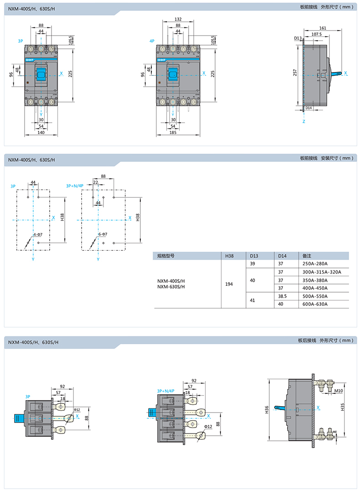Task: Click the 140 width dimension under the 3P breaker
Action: pos(41,132)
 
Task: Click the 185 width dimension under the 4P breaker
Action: pos(173,132)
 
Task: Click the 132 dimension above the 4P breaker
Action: pos(178,20)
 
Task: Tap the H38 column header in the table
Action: pos(229,256)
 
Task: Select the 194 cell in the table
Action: pos(229,284)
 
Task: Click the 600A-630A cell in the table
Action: pos(315,304)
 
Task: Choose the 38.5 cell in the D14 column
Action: pos(282,296)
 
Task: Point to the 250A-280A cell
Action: pos(315,263)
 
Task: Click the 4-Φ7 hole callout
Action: pos(38,234)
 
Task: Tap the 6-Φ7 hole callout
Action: pos(103,234)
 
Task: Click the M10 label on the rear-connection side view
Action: pos(338,391)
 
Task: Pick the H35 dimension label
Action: pos(342,409)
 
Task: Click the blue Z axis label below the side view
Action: pos(303,122)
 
